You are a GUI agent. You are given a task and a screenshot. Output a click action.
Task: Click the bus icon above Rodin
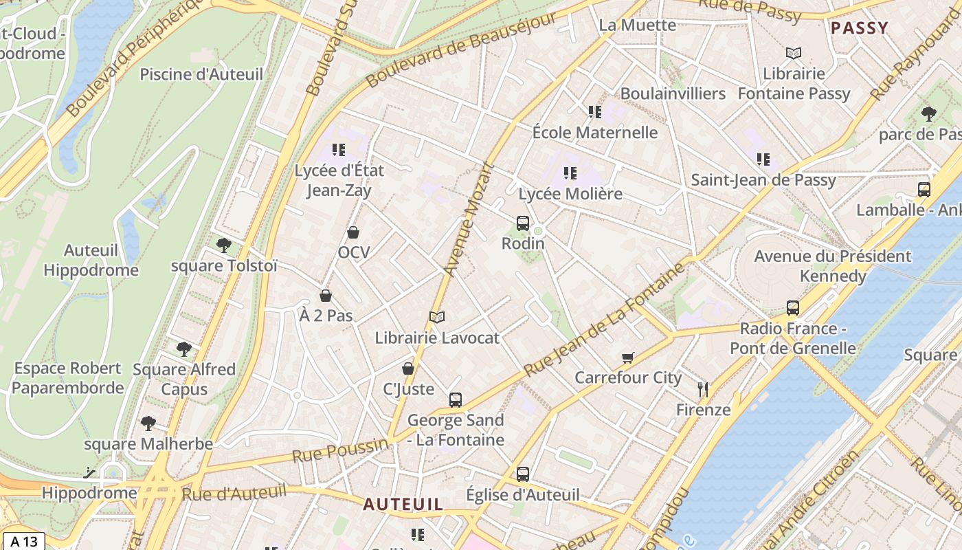523,223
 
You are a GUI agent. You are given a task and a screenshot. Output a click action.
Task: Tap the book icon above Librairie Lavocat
437,317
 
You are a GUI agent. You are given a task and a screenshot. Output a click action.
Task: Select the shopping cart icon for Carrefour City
627,357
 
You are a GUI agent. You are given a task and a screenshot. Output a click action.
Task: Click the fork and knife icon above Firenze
702,390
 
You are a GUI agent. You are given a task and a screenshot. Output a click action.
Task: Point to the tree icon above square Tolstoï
223,245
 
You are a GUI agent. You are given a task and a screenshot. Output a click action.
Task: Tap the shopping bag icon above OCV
353,232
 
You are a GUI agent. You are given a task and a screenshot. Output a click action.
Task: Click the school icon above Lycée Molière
570,173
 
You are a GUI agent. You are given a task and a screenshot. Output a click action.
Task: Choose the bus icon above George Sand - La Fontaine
455,400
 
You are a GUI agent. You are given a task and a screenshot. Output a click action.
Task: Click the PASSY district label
859,28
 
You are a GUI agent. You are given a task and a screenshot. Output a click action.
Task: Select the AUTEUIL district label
403,504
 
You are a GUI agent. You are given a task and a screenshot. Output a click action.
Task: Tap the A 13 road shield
23,541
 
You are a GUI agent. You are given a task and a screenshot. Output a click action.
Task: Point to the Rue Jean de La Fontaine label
605,320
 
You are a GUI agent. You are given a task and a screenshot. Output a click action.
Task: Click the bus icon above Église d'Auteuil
523,474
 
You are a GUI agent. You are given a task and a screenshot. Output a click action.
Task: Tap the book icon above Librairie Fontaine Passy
793,53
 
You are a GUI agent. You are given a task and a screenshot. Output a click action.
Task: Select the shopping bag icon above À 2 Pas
326,296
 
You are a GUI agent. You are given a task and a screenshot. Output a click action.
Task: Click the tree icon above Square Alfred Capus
183,349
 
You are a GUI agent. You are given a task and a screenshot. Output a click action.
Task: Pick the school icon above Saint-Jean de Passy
763,159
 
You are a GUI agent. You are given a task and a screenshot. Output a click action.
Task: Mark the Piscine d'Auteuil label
201,74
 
